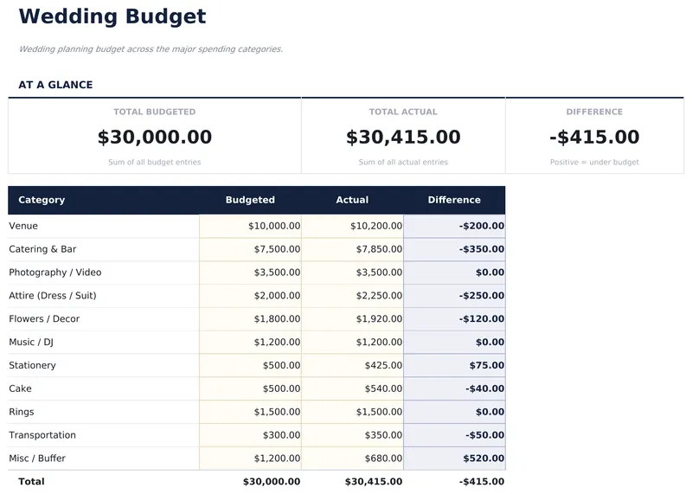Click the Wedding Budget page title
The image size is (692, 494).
pyautogui.click(x=112, y=16)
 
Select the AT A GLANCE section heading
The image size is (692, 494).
pyautogui.click(x=55, y=85)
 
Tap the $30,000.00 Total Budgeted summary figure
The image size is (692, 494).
pyautogui.click(x=155, y=137)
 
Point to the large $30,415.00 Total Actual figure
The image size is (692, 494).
pyautogui.click(x=403, y=137)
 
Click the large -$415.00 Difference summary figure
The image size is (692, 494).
pyautogui.click(x=594, y=137)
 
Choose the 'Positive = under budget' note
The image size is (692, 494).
pyautogui.click(x=594, y=162)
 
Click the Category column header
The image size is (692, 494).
pyautogui.click(x=42, y=200)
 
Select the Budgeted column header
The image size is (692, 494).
pyautogui.click(x=250, y=200)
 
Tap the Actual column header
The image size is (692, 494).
pyautogui.click(x=352, y=200)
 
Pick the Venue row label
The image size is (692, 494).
pyautogui.click(x=23, y=226)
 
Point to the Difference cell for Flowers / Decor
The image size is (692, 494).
pyautogui.click(x=482, y=319)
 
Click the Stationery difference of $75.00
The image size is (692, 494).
pyautogui.click(x=486, y=365)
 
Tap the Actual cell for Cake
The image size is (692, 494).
pyautogui.click(x=384, y=388)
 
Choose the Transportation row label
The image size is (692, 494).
pyautogui.click(x=42, y=435)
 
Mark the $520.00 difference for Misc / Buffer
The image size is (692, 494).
pyautogui.click(x=484, y=459)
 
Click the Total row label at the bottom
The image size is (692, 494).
pyautogui.click(x=31, y=481)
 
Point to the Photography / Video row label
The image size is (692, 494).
pyautogui.click(x=55, y=273)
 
